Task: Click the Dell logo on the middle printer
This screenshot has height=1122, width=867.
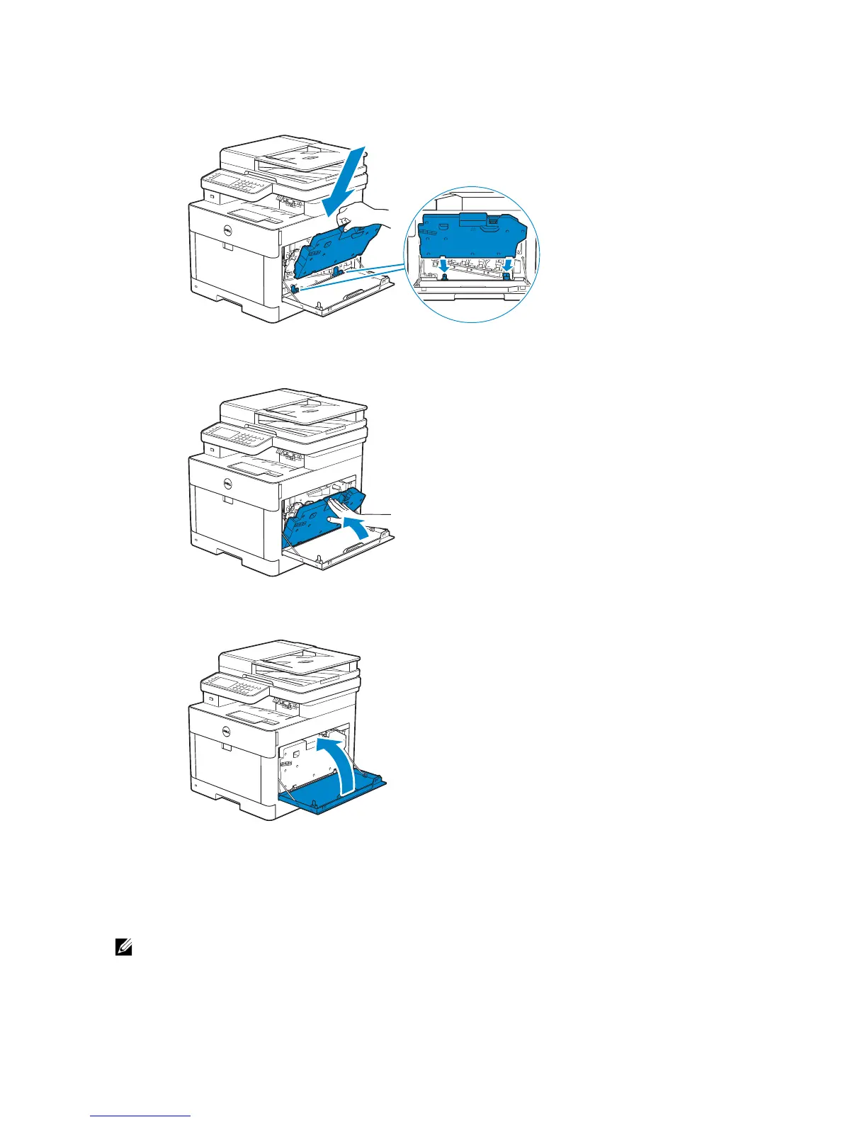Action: [x=228, y=484]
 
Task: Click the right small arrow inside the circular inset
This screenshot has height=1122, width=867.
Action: [x=507, y=264]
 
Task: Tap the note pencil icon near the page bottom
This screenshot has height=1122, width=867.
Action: [x=124, y=946]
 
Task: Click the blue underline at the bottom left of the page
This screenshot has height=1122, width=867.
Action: [x=141, y=1116]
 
